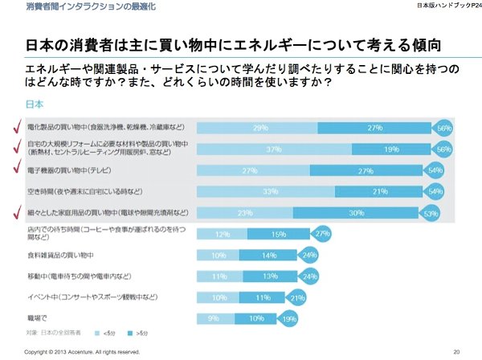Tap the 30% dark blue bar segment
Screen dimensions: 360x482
377,213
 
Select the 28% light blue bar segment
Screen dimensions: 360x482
259,128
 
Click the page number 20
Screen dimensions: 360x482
456,352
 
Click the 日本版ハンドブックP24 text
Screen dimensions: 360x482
442,7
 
